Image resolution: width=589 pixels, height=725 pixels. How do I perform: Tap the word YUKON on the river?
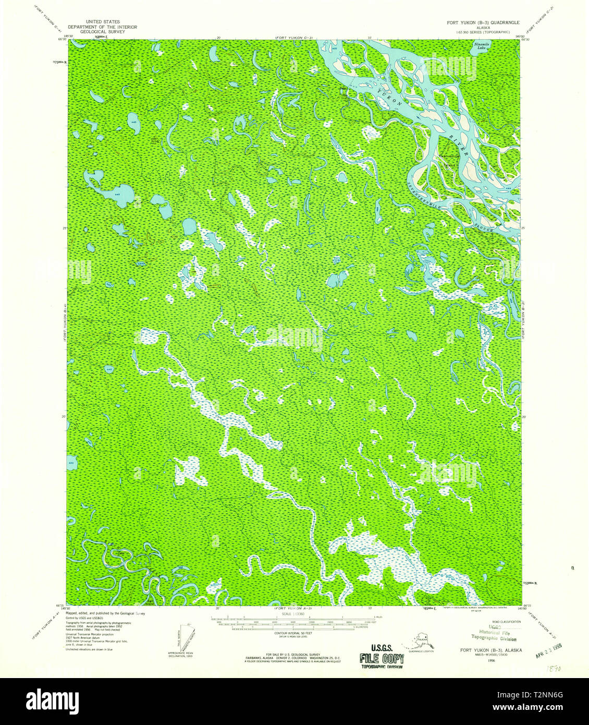[390, 99]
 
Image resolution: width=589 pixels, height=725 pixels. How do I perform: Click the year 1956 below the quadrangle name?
[491, 660]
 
